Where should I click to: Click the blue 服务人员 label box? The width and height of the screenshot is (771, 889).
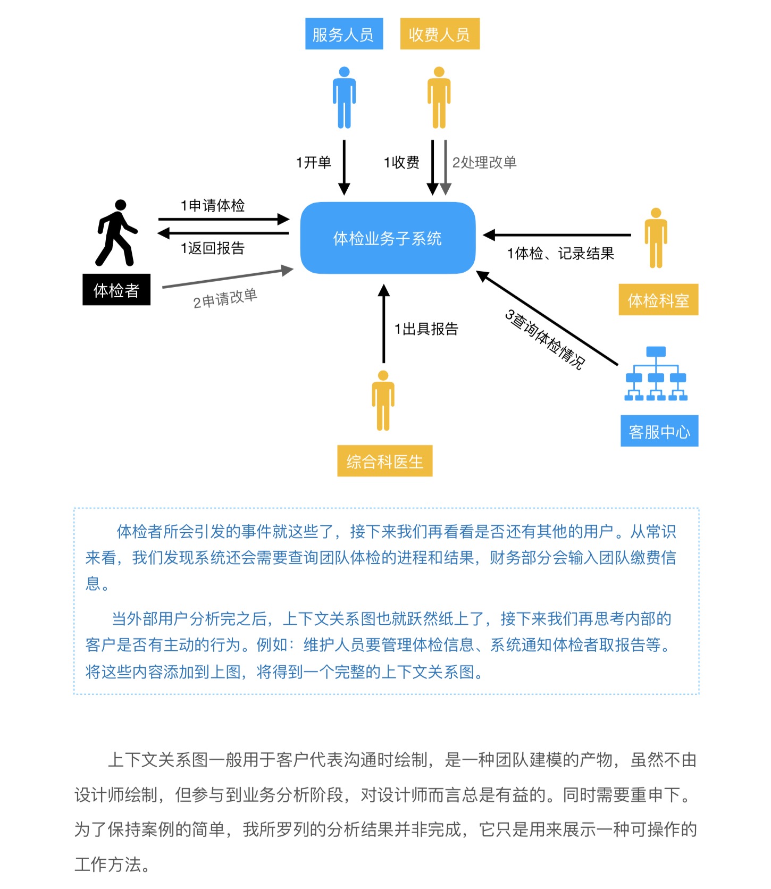tap(343, 34)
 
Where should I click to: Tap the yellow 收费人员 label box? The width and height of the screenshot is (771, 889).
tap(440, 34)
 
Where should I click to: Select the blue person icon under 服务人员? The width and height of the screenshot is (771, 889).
tap(344, 97)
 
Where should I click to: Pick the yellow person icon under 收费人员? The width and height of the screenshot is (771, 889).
tap(439, 97)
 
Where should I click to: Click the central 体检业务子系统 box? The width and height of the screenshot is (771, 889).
tap(388, 238)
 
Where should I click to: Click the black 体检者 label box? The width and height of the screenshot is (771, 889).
tap(116, 290)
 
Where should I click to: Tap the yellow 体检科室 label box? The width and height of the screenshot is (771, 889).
tap(658, 300)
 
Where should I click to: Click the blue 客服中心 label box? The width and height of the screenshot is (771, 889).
tap(659, 431)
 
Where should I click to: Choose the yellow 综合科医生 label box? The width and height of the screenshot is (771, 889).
tap(384, 461)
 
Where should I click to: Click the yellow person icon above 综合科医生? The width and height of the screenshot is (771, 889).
tap(383, 400)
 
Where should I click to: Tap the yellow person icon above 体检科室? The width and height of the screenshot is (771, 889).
tap(656, 238)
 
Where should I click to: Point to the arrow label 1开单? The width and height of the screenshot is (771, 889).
tap(314, 162)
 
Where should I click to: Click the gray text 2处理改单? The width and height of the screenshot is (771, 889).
tap(484, 162)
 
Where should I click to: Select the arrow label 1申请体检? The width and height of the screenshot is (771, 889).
tap(213, 205)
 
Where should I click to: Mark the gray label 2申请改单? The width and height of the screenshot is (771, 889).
tap(225, 298)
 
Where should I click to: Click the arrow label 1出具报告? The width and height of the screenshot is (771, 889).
tap(426, 329)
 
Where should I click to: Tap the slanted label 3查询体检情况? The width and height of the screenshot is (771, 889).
tap(544, 339)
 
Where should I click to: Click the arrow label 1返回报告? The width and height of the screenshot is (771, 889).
tap(213, 248)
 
